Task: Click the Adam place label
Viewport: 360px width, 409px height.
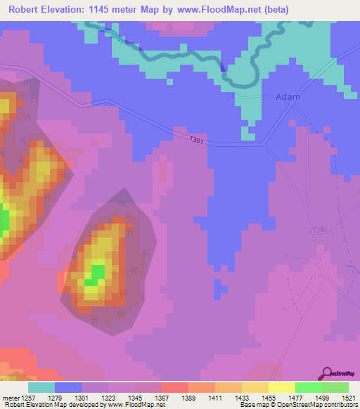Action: point(288,97)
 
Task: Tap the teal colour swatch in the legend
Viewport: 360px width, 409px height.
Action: point(41,387)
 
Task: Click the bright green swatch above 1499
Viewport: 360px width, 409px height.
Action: point(308,387)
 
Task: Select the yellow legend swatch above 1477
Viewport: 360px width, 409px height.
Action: point(281,387)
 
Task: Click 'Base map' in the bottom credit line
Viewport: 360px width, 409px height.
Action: point(256,405)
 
